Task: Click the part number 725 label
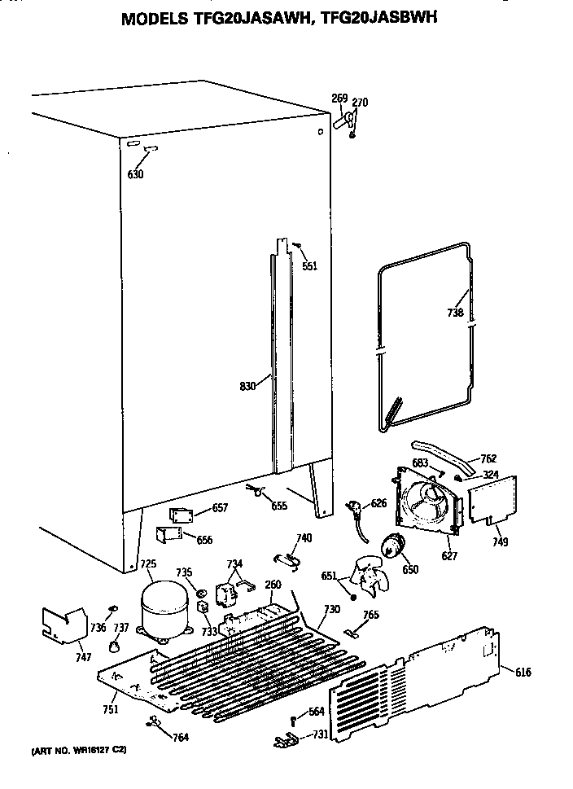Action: pos(148,563)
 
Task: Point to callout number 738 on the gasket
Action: pos(455,313)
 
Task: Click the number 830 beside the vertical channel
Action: pos(248,386)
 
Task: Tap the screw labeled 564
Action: pos(293,717)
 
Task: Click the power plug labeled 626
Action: pos(356,511)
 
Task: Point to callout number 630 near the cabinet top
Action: pos(135,174)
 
